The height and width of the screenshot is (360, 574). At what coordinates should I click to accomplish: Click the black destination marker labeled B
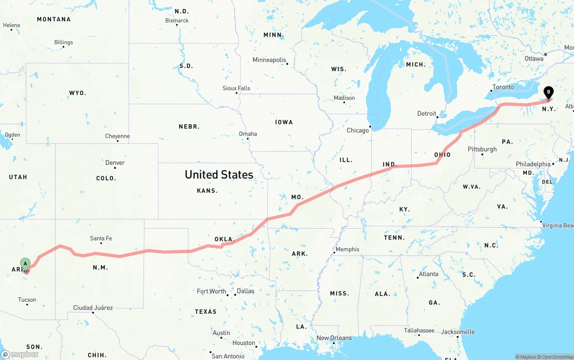point(548,92)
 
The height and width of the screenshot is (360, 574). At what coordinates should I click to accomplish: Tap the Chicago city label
point(357,130)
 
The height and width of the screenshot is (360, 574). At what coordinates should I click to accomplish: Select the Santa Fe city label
point(101,239)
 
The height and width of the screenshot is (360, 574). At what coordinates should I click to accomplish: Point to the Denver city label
point(115,163)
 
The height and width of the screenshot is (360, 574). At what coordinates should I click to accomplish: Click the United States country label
point(219,174)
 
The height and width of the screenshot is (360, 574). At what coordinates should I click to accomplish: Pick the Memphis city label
point(348,249)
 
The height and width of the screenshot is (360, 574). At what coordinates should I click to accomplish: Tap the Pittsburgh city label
point(482,149)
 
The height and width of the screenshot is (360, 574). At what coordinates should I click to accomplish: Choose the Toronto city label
point(503,87)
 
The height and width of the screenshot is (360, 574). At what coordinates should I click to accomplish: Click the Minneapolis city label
point(269,60)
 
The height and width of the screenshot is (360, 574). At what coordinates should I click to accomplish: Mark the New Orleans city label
point(334,338)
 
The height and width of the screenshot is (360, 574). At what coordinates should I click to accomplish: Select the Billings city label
point(64,42)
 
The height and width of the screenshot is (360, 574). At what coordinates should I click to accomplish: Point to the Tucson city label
point(27,300)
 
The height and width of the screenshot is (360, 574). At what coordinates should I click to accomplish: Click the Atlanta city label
point(429,274)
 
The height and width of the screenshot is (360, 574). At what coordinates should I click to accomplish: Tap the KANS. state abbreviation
point(207,191)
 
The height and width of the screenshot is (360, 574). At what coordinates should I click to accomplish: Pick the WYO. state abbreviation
point(78,93)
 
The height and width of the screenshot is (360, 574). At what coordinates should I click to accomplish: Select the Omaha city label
point(248,134)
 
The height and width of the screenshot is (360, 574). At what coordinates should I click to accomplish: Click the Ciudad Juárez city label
point(93,308)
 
